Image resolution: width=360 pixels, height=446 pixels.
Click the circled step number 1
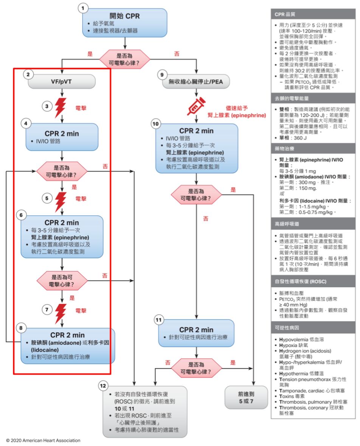[83, 8]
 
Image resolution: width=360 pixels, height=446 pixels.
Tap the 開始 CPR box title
[124, 16]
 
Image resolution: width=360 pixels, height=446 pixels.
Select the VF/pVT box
[62, 81]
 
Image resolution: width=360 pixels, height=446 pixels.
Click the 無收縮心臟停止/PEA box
[197, 81]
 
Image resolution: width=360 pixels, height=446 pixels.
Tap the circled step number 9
[163, 75]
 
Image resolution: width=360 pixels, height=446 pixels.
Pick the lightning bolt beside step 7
[61, 311]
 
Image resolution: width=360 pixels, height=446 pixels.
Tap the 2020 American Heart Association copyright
[43, 440]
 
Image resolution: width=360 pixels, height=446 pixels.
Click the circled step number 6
[21, 215]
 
